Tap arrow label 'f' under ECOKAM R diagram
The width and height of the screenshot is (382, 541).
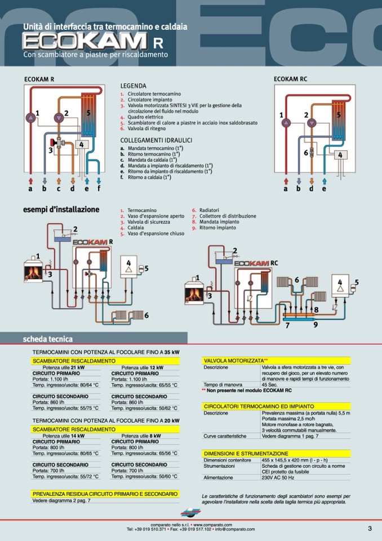click(x=99, y=188)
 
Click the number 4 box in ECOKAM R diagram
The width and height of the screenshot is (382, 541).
click(x=81, y=144)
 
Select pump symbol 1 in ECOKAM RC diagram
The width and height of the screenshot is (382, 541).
click(x=286, y=122)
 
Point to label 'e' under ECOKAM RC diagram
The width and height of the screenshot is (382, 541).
click(x=324, y=188)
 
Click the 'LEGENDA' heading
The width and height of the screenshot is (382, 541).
click(x=133, y=86)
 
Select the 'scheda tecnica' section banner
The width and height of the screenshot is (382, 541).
click(x=47, y=339)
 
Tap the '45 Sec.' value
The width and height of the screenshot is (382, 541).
click(x=270, y=384)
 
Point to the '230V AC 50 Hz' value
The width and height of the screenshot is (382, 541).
click(x=278, y=477)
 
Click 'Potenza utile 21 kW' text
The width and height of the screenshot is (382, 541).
click(x=64, y=367)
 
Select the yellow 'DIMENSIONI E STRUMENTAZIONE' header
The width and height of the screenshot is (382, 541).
click(x=246, y=453)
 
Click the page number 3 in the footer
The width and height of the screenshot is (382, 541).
click(x=370, y=528)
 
